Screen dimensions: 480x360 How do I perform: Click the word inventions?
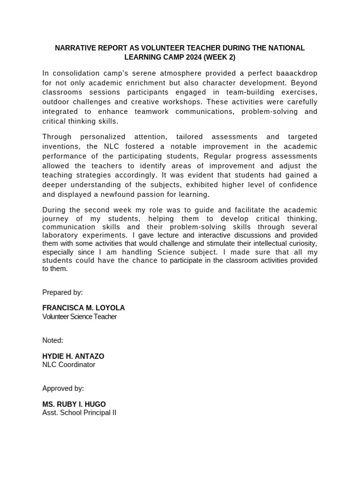[x=61, y=146]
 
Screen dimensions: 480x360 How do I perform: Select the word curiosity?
[x=302, y=243]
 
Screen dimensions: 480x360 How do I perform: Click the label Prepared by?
[x=62, y=292]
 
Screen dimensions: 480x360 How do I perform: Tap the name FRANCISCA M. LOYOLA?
[x=83, y=308]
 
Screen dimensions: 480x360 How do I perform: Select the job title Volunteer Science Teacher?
[x=79, y=316]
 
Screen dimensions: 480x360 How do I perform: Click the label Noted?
[x=52, y=340]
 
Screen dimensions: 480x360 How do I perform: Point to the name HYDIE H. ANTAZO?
[x=73, y=356]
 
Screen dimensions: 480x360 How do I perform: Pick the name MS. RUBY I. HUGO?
[x=74, y=404]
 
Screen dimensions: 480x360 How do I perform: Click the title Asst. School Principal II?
[x=79, y=412]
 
